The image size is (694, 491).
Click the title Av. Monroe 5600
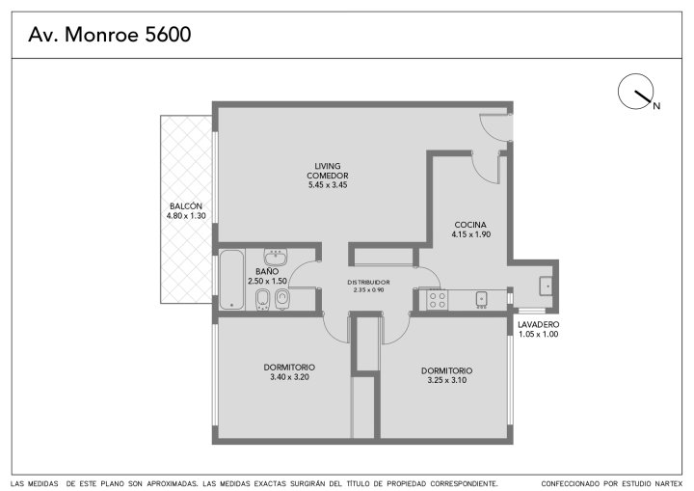tap(109, 35)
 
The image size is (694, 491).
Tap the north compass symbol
tap(635, 92)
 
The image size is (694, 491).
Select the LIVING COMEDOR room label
tap(328, 171)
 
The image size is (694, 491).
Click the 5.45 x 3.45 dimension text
tap(328, 185)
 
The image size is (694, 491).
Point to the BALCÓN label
tap(186, 206)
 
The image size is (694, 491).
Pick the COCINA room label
tap(470, 225)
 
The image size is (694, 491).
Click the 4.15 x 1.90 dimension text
tap(471, 234)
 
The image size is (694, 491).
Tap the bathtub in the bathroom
tap(231, 280)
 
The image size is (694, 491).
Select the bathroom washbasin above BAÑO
tap(276, 257)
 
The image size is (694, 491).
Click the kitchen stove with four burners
tap(438, 300)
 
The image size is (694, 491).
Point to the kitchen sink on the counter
tap(482, 300)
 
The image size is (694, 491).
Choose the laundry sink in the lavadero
tap(546, 286)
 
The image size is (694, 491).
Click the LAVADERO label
tap(538, 325)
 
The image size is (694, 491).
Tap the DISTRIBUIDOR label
tap(368, 283)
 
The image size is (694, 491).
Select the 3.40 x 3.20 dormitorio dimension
tap(289, 377)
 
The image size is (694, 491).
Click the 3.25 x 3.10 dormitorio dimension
tap(447, 380)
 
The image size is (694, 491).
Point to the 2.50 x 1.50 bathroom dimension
tap(267, 281)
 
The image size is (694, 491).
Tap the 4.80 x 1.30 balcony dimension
tap(186, 216)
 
